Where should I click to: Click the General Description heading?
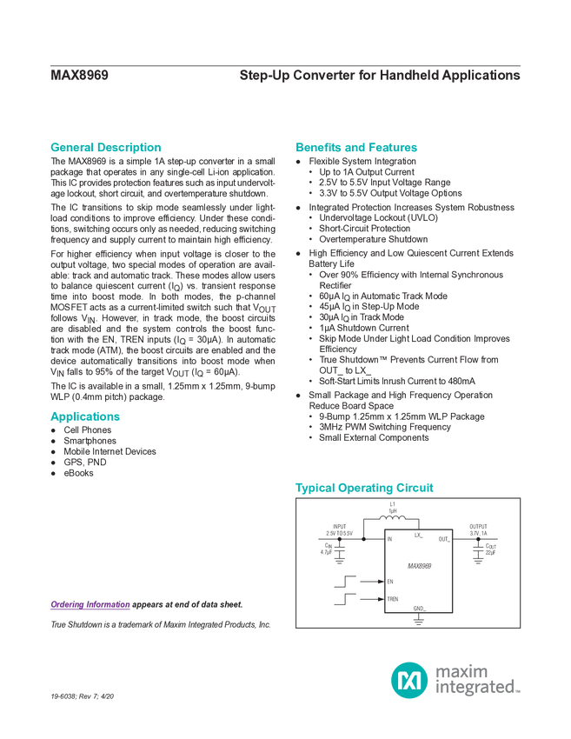point(106,147)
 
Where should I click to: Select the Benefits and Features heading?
point(356,147)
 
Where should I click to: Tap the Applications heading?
point(85,416)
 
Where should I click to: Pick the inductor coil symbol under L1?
point(393,519)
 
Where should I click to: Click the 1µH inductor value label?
point(393,511)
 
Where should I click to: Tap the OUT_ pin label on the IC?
point(444,540)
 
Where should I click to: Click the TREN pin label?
point(394,599)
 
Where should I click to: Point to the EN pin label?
point(390,580)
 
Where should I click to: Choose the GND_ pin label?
point(420,608)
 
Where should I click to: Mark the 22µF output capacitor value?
point(490,553)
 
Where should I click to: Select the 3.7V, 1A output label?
point(479,533)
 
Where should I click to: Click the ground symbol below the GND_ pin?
point(420,621)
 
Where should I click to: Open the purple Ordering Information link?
point(90,604)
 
